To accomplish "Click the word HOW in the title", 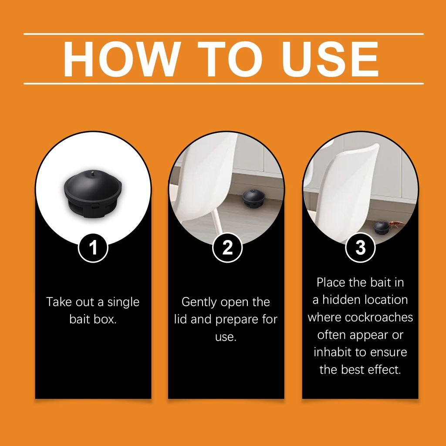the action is (x=122, y=59).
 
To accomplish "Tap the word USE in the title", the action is (x=330, y=59).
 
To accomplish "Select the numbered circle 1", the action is (x=93, y=247).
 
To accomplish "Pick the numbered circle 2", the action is (x=227, y=247).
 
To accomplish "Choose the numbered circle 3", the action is (x=360, y=247).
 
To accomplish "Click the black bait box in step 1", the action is (x=93, y=194).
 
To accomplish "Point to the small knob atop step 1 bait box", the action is (x=93, y=172).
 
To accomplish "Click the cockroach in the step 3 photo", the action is (x=396, y=224).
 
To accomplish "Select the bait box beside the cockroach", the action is (x=381, y=228).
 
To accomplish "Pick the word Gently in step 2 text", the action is (x=199, y=302).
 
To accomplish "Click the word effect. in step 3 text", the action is (x=384, y=370).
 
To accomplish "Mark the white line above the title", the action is (x=223, y=34).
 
